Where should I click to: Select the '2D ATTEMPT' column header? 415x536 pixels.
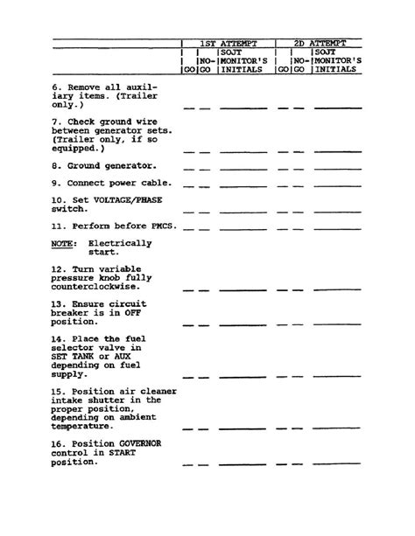(x=320, y=43)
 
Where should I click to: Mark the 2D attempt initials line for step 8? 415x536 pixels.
(x=337, y=169)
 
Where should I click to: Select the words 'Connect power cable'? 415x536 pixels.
(x=119, y=183)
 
